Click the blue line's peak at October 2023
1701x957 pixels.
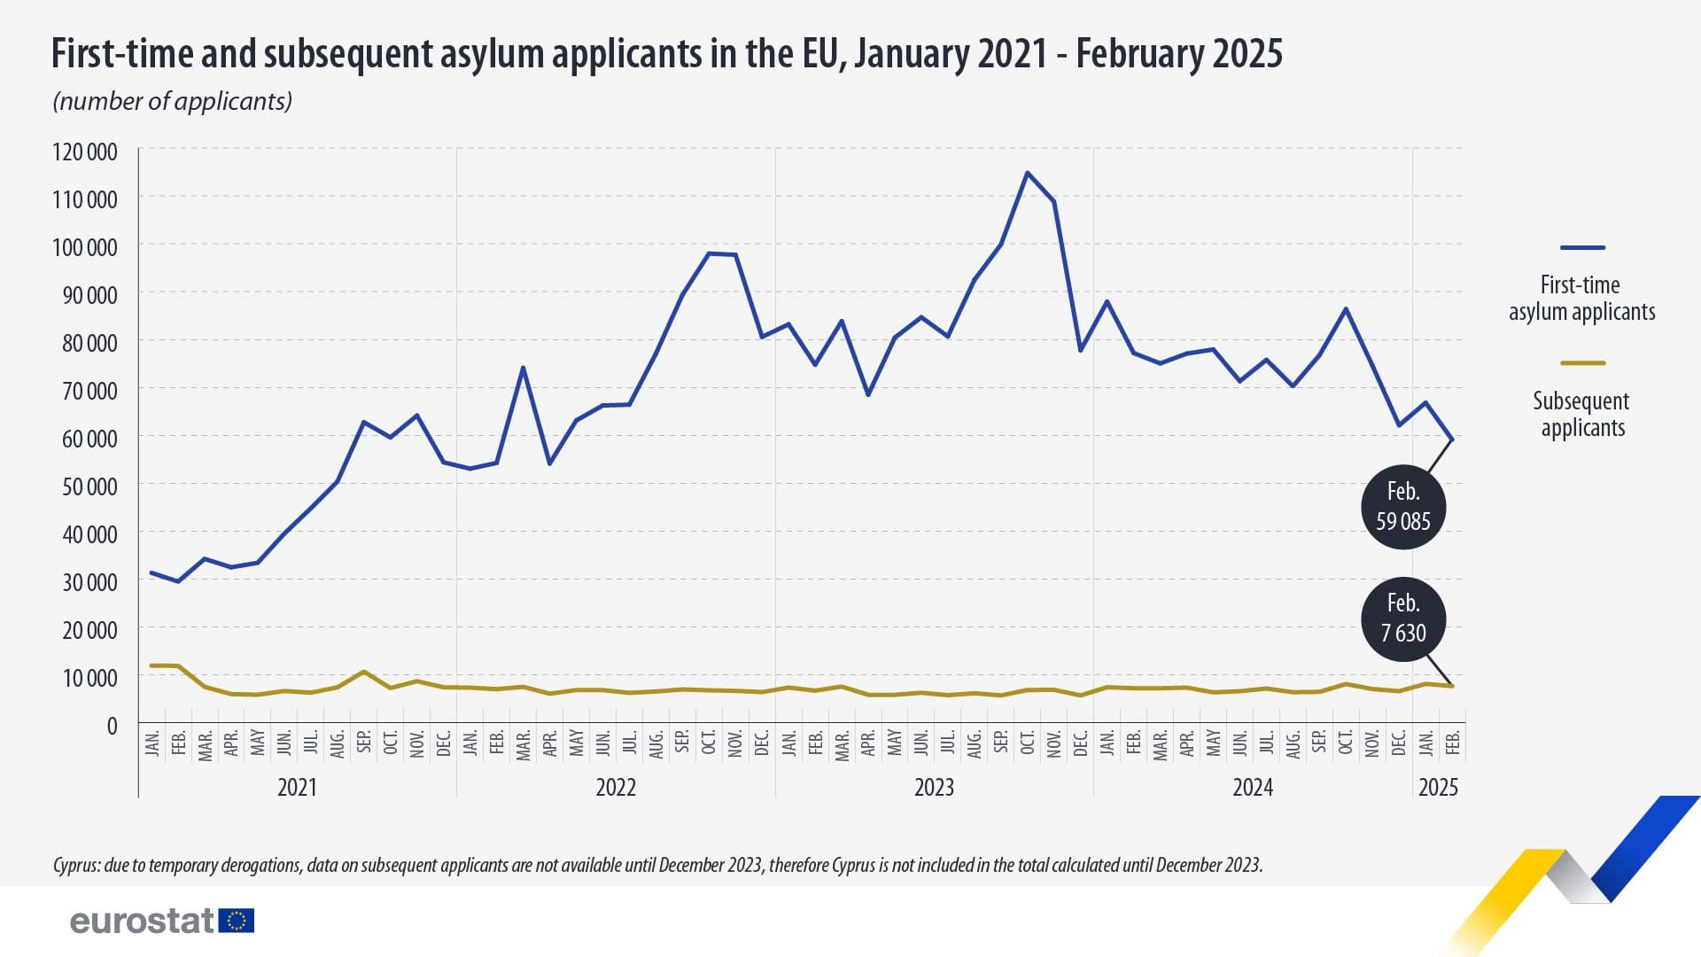pyautogui.click(x=1027, y=173)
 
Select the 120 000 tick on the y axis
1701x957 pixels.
pyautogui.click(x=85, y=152)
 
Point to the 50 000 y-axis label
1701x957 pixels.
pyautogui.click(x=85, y=486)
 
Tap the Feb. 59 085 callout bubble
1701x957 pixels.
pyautogui.click(x=1402, y=507)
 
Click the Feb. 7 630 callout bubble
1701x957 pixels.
pyautogui.click(x=1403, y=619)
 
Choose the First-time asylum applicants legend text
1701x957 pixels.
pyautogui.click(x=1581, y=298)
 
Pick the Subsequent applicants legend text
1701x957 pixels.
pyautogui.click(x=1581, y=414)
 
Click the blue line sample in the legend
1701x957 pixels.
pyautogui.click(x=1582, y=248)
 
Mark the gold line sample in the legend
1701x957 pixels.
pyautogui.click(x=1582, y=363)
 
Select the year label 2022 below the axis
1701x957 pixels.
pyautogui.click(x=615, y=787)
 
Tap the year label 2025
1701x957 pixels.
pyautogui.click(x=1438, y=787)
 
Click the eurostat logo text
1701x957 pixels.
pyautogui.click(x=142, y=921)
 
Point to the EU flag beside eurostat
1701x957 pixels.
pyautogui.click(x=237, y=921)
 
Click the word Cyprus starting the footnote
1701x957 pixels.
pyautogui.click(x=76, y=865)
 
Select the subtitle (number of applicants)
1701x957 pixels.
pyautogui.click(x=173, y=101)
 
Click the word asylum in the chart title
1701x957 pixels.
pyautogui.click(x=494, y=53)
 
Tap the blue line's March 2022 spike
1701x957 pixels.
pyautogui.click(x=523, y=368)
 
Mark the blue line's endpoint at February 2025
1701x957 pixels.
pyautogui.click(x=1451, y=440)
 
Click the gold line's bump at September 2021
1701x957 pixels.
pyautogui.click(x=363, y=672)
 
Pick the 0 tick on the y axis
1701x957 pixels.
pyautogui.click(x=112, y=726)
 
